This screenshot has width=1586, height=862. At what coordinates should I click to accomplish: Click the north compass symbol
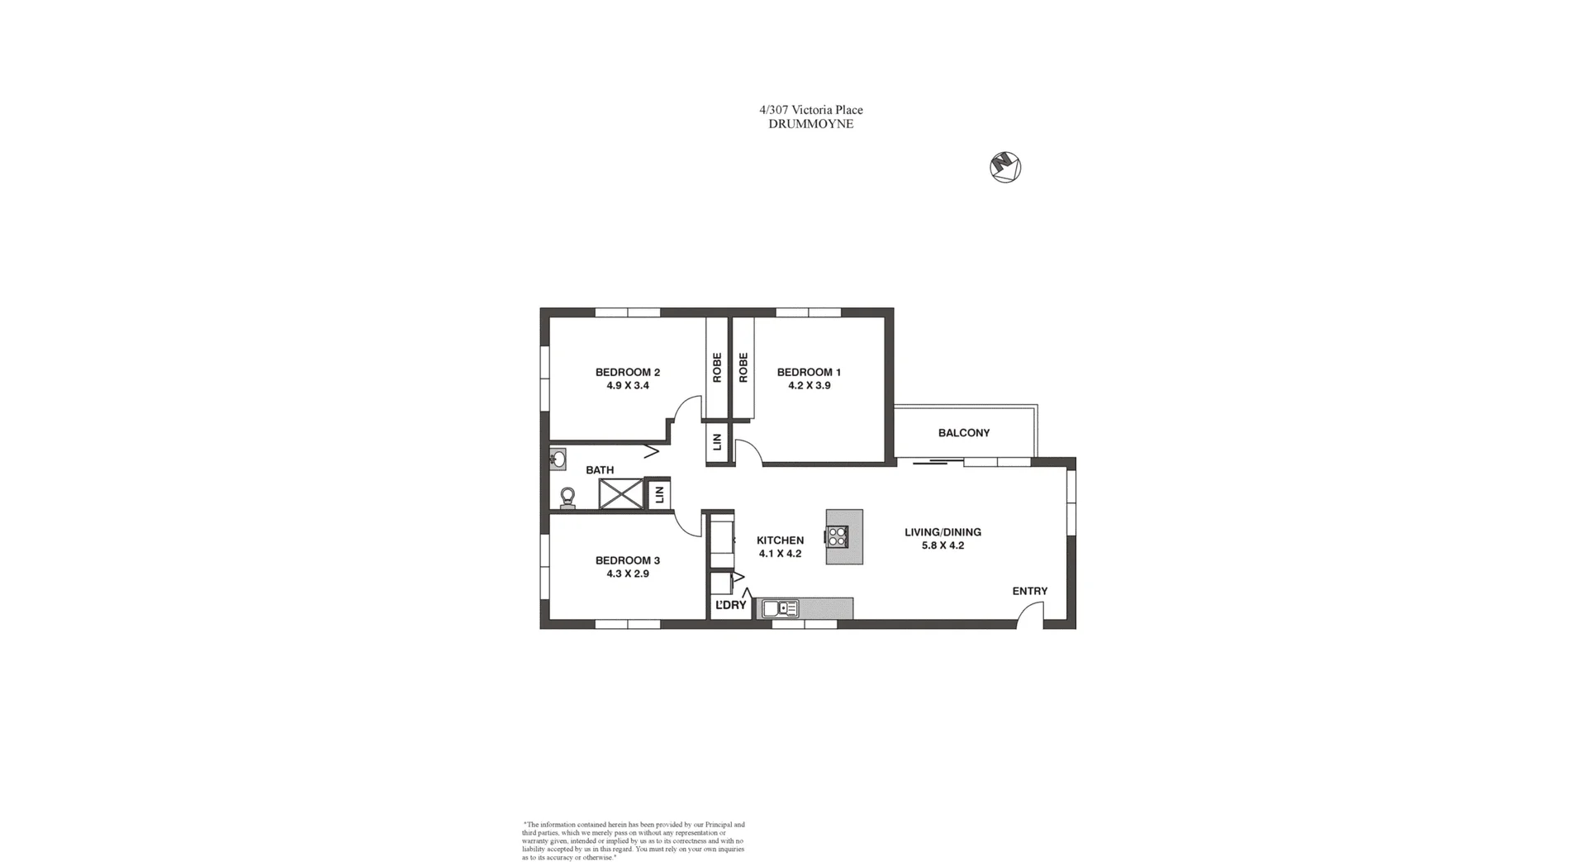point(1005,168)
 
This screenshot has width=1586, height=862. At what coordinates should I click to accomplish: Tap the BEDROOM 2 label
point(627,372)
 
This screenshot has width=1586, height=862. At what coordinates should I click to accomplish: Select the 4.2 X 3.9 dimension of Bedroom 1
point(809,385)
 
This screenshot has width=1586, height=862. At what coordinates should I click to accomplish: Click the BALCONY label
point(963,433)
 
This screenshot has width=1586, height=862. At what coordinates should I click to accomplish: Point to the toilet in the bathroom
point(567,498)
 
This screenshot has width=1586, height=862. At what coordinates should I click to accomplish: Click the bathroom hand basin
point(558,459)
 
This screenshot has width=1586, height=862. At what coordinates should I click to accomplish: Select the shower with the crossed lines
point(620,494)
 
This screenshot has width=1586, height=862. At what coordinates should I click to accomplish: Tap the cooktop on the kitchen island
point(837,537)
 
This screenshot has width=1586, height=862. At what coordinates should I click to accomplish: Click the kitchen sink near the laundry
point(780,609)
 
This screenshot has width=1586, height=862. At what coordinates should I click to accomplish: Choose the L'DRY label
point(730,605)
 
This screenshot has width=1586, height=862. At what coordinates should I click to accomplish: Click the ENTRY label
point(1029,591)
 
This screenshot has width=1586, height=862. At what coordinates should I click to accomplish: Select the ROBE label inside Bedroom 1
point(743,368)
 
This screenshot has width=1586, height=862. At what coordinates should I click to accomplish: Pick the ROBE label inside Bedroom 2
point(717,368)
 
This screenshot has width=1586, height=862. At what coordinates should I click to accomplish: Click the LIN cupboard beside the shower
point(658,495)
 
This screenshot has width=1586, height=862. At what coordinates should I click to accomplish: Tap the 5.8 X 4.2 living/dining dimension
point(943,545)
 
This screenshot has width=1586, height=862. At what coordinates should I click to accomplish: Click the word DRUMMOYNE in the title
point(810,124)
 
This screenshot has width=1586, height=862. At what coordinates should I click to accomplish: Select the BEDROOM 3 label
point(627,560)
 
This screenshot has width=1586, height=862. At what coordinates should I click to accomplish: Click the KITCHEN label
point(780,541)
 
